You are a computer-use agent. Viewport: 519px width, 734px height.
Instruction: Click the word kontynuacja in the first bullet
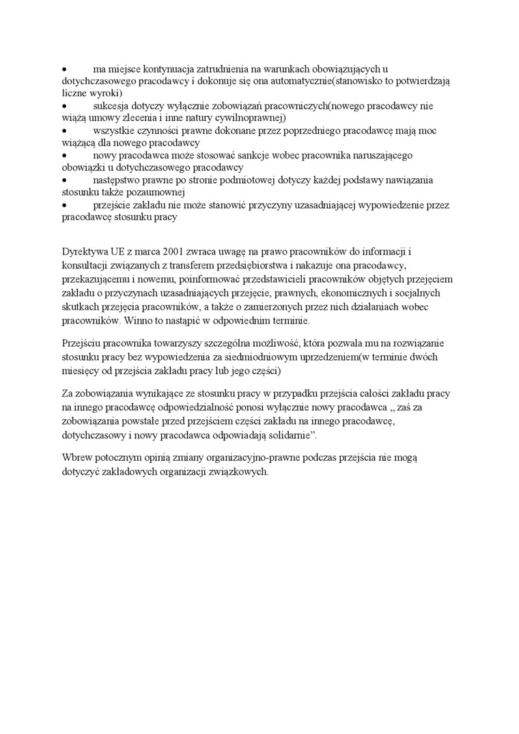pos(151,69)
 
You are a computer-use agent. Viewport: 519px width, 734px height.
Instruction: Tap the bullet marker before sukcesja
pos(64,106)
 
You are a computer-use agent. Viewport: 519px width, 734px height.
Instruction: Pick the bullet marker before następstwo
pos(64,180)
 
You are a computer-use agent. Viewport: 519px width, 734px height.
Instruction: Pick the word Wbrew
pos(76,458)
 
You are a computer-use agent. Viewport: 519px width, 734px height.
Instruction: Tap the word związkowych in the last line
pos(236,470)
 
